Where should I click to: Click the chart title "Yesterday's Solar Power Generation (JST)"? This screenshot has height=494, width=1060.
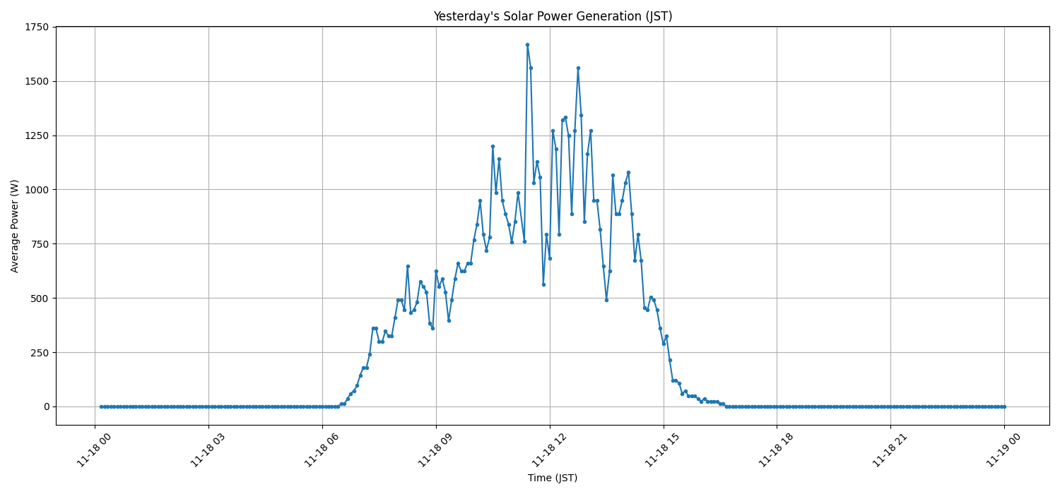(x=553, y=16)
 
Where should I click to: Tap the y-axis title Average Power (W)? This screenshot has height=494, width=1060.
(x=15, y=226)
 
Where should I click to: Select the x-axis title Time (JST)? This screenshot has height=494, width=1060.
(x=553, y=478)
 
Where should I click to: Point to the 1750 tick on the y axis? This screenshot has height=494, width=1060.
(x=37, y=27)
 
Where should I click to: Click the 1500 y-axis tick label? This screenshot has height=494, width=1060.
(x=37, y=81)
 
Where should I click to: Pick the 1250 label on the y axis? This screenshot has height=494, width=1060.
(x=37, y=135)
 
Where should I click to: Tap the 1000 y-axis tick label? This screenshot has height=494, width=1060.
(x=37, y=190)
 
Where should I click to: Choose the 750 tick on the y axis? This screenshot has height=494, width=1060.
(x=40, y=244)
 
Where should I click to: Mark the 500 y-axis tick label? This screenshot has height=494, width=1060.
(x=40, y=299)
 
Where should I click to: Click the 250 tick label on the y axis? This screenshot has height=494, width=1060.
(x=40, y=353)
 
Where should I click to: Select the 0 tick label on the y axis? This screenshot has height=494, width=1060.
(x=47, y=406)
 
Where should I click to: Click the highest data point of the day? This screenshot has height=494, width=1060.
(x=527, y=44)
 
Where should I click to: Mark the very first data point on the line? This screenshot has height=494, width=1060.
(x=101, y=406)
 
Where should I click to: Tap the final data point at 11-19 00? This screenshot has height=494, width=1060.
(x=1004, y=406)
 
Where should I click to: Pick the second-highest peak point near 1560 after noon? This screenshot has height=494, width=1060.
(x=578, y=68)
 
